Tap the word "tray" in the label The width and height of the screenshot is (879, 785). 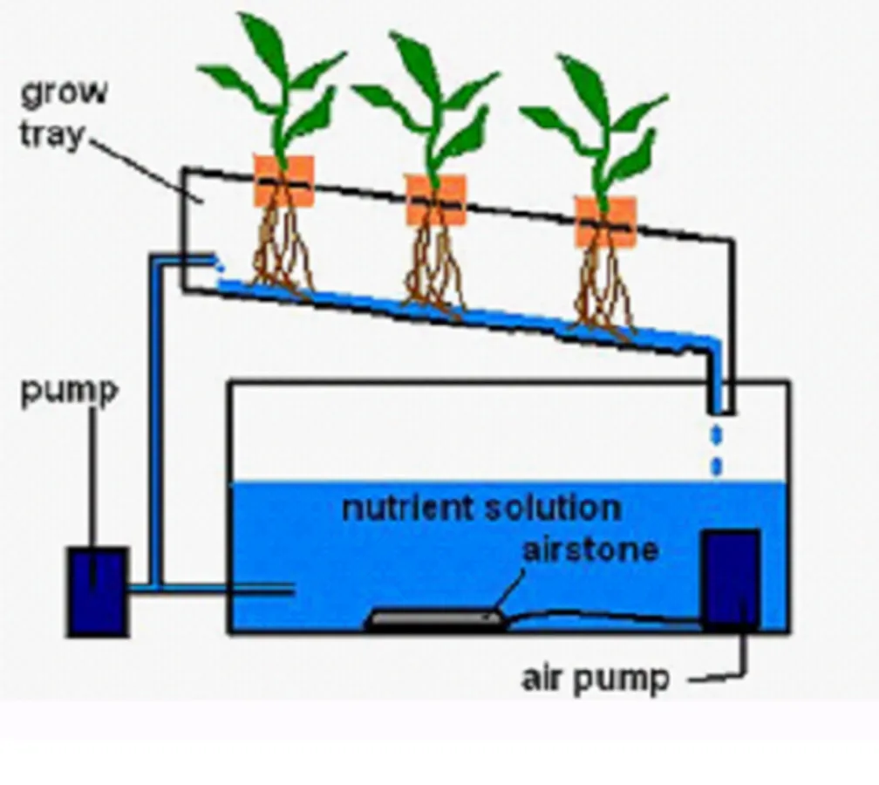[52, 135]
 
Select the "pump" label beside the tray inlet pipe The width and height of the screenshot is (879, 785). [68, 392]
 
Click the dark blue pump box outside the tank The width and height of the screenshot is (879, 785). [98, 590]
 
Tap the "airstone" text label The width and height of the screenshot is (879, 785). [590, 550]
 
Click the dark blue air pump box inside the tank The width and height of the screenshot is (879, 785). [731, 577]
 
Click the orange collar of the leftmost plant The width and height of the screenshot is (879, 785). [283, 181]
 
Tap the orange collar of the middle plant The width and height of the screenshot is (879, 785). [436, 200]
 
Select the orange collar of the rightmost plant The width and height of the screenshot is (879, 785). [605, 222]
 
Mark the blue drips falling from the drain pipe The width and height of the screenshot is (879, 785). [717, 449]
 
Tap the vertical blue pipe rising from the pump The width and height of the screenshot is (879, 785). [155, 419]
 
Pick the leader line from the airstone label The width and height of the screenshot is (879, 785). [510, 589]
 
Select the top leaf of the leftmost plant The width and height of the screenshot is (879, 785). [264, 44]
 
